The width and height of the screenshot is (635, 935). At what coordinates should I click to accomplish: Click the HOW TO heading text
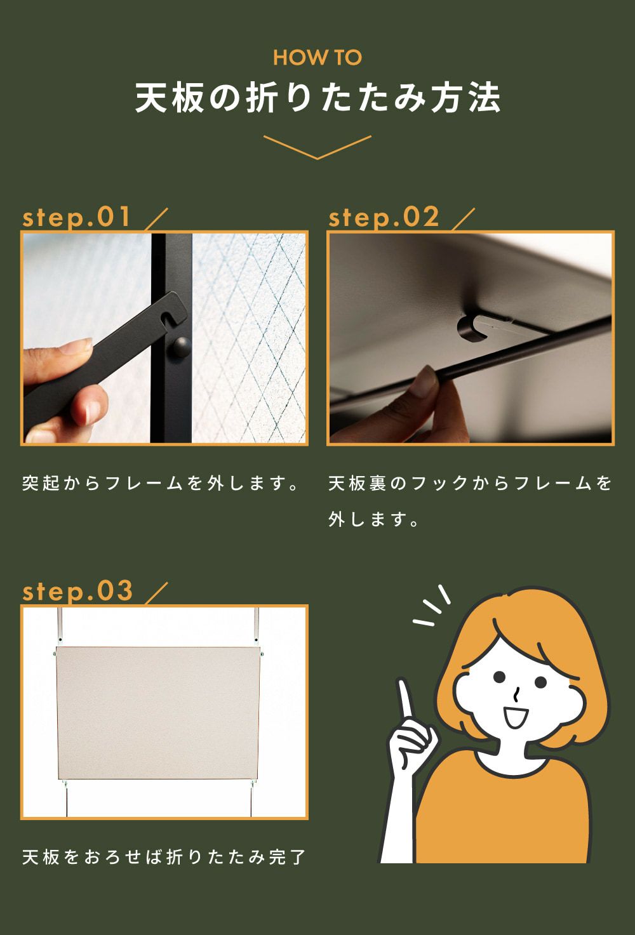pos(317,58)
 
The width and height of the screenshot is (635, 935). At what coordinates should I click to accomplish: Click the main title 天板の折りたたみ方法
pos(317,98)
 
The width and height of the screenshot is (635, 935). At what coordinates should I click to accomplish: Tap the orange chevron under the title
pos(317,148)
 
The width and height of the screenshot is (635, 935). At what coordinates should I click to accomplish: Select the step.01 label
pos(76,218)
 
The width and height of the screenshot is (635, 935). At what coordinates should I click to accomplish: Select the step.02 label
pos(384,218)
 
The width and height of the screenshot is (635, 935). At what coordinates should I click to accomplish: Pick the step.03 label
pos(77,592)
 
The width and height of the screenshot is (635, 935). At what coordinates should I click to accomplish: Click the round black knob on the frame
pos(181,347)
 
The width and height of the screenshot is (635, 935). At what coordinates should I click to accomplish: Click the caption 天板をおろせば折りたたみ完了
pos(164,858)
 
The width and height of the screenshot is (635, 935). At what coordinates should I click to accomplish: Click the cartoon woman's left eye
pos(499,677)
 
